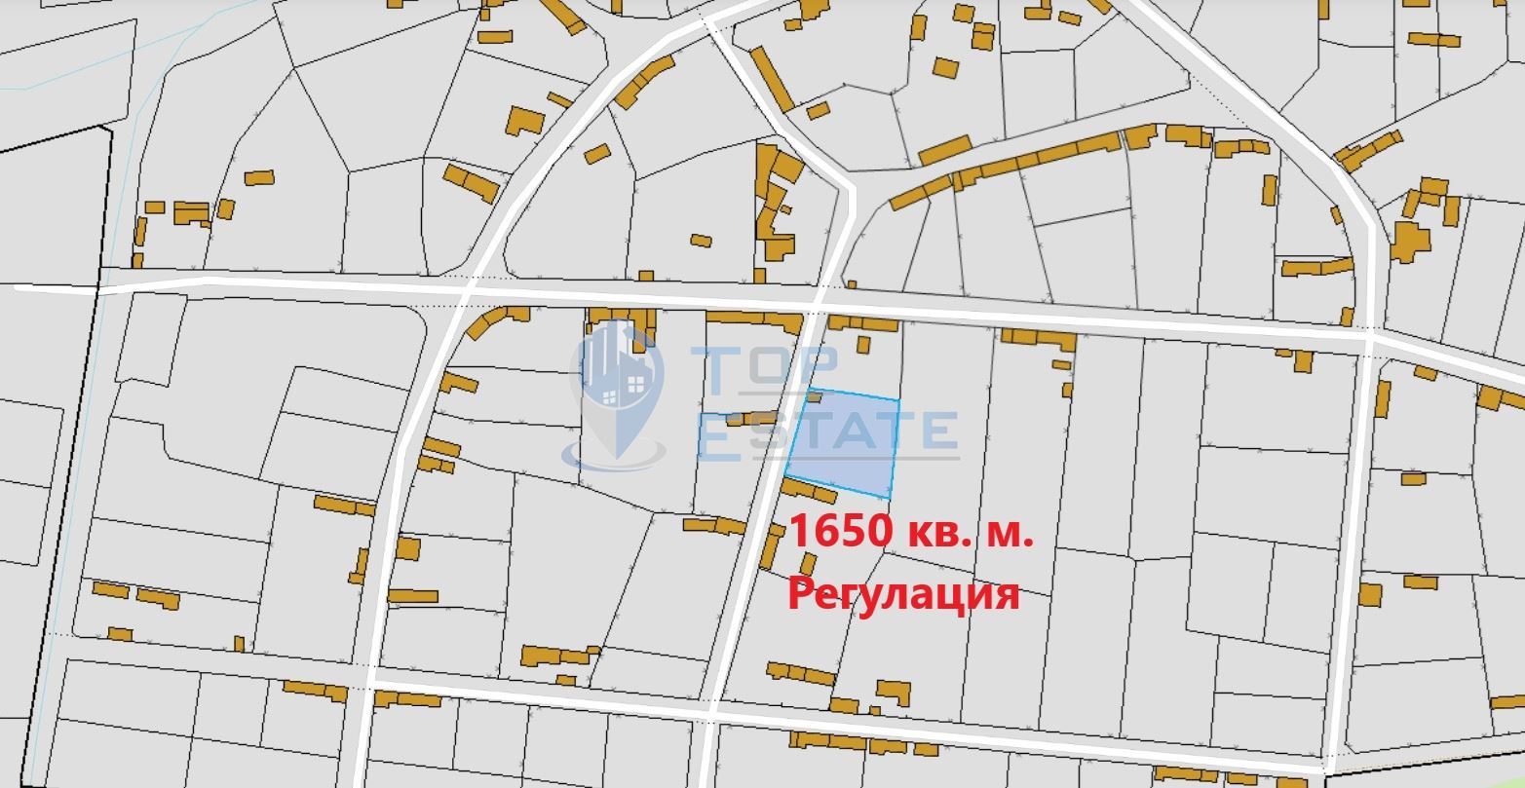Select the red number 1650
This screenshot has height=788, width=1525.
pos(840,533)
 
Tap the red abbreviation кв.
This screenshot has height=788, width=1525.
pos(934,533)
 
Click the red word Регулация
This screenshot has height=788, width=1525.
pos(903,592)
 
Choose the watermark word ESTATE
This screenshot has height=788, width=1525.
pos(828,434)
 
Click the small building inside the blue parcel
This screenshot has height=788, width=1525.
pos(815,396)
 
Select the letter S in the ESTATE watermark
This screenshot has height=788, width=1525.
pos(768,434)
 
